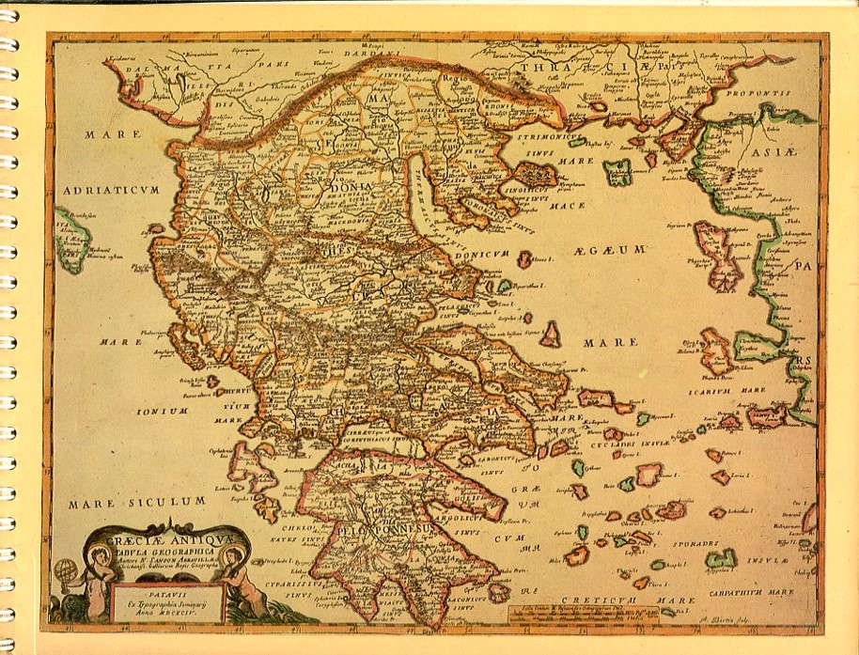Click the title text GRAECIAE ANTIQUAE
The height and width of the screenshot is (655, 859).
(x=165, y=541)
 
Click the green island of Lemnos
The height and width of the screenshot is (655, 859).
(x=618, y=172)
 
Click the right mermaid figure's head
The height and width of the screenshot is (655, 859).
(x=232, y=554)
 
